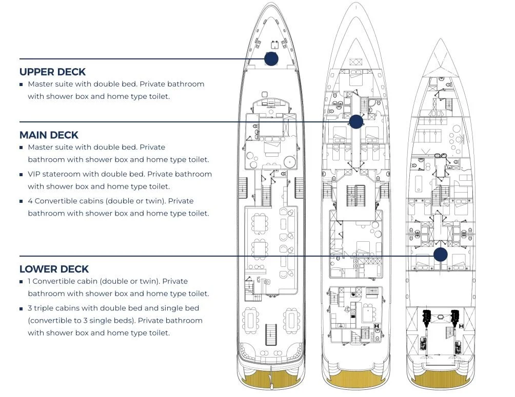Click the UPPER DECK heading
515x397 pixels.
pos(52,72)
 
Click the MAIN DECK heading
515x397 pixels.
pos(49,135)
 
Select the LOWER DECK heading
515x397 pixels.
pos(54,269)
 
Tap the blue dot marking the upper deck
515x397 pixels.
pos(271,58)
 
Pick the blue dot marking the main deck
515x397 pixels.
pos(355,121)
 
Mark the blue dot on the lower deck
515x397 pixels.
pos(440,255)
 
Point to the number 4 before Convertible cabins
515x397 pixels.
pos(30,201)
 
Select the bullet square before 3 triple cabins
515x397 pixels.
pos(21,309)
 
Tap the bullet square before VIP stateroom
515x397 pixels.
pos(21,175)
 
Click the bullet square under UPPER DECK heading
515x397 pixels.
pos(21,85)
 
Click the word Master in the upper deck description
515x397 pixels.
pos(40,84)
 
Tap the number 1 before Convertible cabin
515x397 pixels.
pos(30,281)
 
